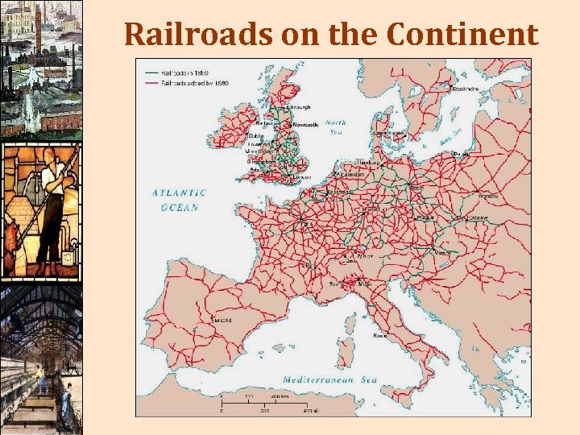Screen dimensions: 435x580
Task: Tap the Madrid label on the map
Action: coord(223,320)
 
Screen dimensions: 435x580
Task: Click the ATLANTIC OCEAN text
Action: coord(179,200)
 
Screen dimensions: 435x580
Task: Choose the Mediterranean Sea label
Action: coord(329,379)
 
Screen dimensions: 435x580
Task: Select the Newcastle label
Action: coord(306,125)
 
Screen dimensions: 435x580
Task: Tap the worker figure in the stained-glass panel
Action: coord(48,209)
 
